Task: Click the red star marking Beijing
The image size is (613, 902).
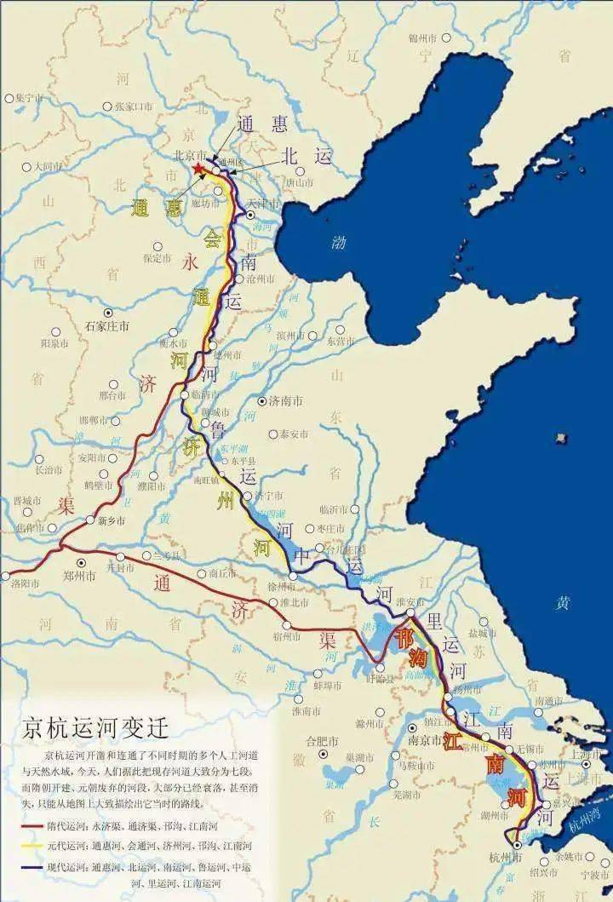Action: [199, 169]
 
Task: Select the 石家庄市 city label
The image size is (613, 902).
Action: [107, 326]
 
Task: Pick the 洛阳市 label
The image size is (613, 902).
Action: [28, 583]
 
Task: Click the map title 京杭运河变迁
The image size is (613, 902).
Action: [95, 729]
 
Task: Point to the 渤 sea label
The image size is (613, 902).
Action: [339, 243]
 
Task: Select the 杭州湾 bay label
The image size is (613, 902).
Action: [585, 823]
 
